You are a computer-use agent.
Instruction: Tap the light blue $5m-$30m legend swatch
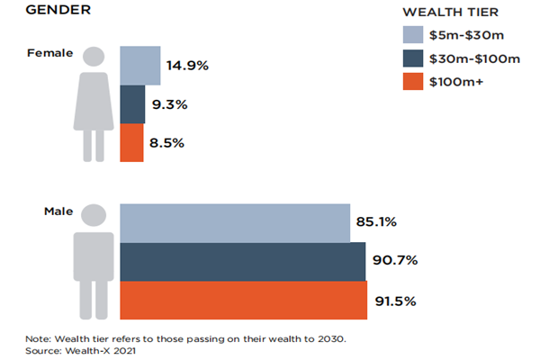tap(412, 36)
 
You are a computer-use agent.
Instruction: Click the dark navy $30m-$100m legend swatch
tap(412, 59)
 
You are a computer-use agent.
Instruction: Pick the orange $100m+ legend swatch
tap(412, 82)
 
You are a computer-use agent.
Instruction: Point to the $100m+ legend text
tap(458, 83)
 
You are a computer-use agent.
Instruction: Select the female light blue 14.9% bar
tap(140, 65)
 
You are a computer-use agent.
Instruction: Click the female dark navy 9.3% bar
tap(132, 104)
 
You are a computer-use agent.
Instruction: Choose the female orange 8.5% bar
tap(131, 142)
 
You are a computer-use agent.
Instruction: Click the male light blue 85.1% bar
tap(235, 222)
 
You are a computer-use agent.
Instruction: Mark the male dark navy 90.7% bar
tap(243, 261)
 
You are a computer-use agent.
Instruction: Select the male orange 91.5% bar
tap(244, 300)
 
